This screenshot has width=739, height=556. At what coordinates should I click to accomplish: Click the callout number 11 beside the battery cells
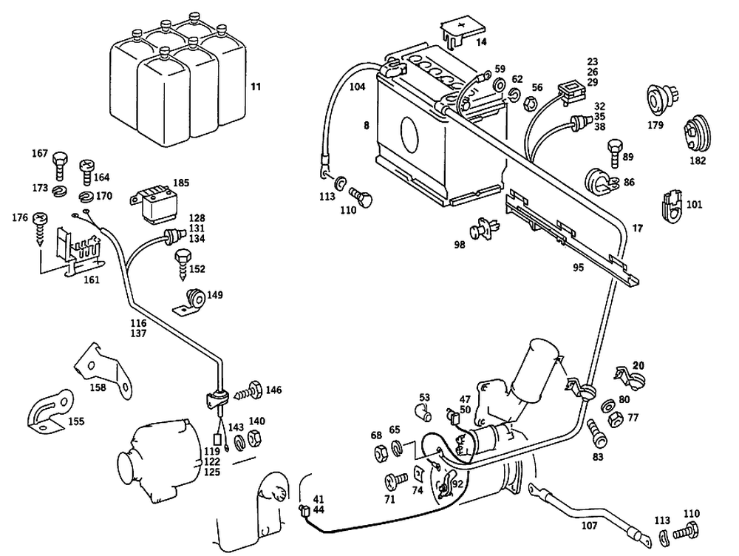[x=256, y=88]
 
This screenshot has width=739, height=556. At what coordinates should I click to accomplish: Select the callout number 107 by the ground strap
[x=589, y=527]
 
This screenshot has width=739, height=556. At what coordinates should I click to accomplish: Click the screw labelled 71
[x=393, y=483]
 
